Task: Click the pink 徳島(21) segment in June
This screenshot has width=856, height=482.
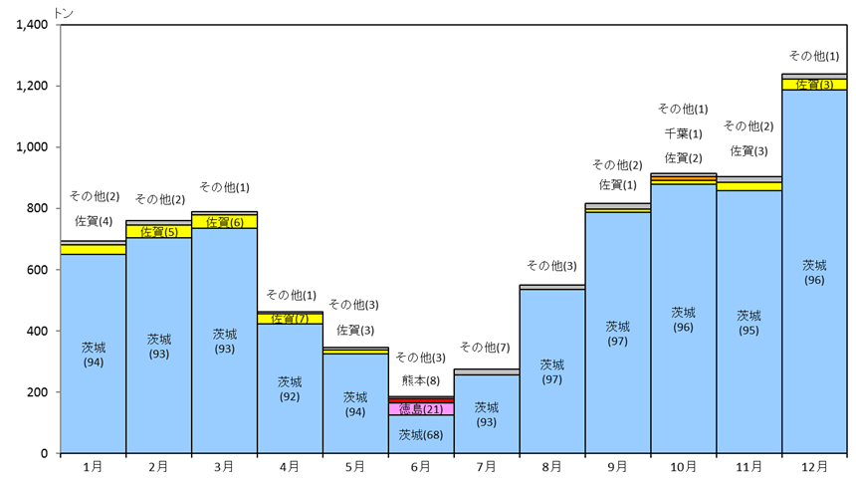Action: click(421, 408)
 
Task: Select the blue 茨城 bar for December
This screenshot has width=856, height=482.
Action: click(814, 272)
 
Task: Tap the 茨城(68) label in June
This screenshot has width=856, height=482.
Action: click(421, 435)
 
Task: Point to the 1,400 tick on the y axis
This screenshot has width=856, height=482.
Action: click(32, 25)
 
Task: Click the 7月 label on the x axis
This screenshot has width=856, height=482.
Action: click(486, 467)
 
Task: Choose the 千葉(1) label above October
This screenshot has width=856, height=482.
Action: click(683, 133)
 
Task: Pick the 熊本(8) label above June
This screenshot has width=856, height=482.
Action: click(421, 380)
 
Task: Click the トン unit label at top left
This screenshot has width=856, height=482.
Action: click(64, 13)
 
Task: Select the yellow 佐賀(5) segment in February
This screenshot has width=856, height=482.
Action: click(159, 232)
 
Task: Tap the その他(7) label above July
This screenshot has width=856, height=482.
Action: click(485, 347)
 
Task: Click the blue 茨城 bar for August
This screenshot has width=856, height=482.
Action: click(552, 371)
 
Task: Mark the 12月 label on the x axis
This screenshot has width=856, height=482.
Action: click(814, 467)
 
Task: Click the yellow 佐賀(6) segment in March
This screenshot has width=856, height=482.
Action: click(224, 222)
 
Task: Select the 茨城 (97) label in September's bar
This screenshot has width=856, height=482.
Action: click(617, 334)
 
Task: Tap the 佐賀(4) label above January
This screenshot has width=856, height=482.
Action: click(94, 221)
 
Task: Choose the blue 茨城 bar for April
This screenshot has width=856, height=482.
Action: click(290, 388)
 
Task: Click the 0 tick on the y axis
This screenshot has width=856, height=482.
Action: click(45, 453)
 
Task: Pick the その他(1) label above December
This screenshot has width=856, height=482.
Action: click(814, 56)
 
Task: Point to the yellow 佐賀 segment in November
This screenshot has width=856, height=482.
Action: click(749, 187)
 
